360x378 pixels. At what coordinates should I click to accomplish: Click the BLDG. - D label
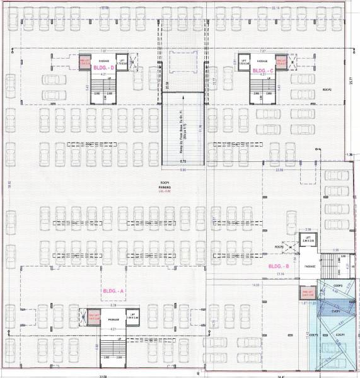102,67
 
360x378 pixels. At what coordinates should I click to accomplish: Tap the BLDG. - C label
262,71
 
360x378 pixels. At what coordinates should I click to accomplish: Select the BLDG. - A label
114,291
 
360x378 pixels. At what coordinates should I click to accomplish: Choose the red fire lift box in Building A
94,316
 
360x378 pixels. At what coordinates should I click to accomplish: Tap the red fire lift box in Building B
308,294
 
